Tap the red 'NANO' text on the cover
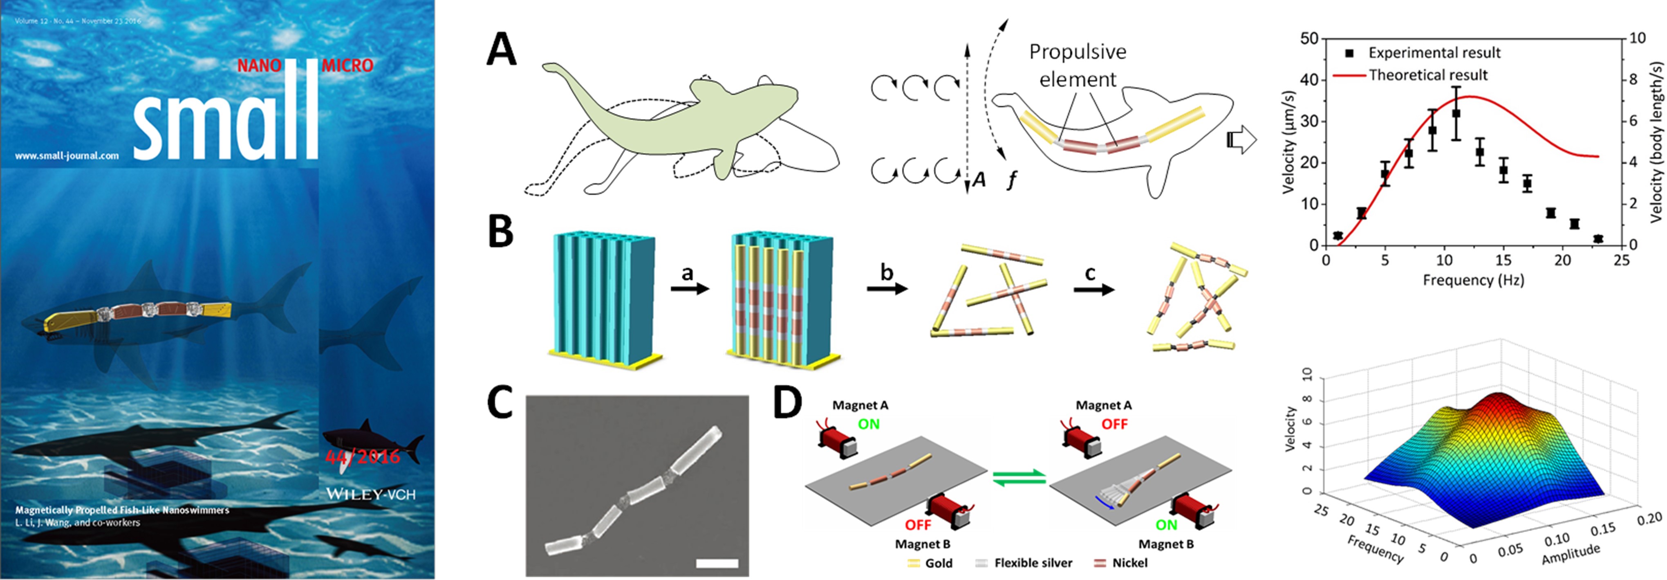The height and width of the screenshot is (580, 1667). pyautogui.click(x=259, y=65)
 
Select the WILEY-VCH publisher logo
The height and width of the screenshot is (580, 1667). pyautogui.click(x=370, y=495)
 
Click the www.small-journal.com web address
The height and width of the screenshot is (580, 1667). pyautogui.click(x=67, y=155)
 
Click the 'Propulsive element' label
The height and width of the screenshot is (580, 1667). pyautogui.click(x=1078, y=65)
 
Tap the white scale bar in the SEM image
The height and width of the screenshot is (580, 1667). pyautogui.click(x=717, y=563)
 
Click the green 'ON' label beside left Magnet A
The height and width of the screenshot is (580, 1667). pyautogui.click(x=868, y=425)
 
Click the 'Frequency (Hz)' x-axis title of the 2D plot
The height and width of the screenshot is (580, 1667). pyautogui.click(x=1473, y=280)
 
